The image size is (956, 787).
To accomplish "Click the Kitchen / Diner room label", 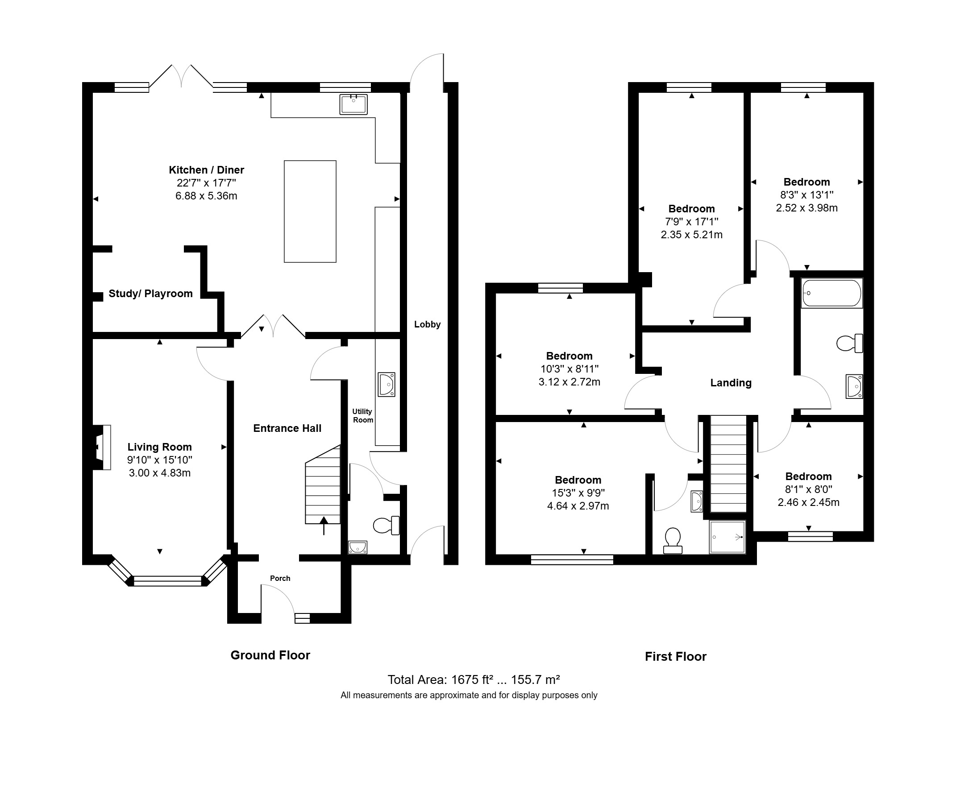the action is point(206,170).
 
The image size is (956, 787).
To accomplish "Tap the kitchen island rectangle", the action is point(310,211).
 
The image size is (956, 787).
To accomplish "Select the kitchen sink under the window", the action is point(353,104).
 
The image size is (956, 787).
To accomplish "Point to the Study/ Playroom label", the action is point(150,294).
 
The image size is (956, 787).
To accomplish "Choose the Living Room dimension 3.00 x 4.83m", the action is point(160,473).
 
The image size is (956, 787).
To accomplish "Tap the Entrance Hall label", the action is point(287,428).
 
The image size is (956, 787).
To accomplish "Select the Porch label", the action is point(280,579).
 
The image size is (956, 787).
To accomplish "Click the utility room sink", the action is point(387,385).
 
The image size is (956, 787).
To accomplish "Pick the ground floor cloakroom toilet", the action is point(387,526).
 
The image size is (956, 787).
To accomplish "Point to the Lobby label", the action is point(427,325).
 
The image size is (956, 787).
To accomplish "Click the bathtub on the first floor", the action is point(832,293).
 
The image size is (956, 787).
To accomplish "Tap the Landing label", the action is point(731,383).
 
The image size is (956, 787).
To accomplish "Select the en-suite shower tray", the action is point(727,537).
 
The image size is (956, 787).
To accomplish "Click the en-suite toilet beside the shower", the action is point(673,541).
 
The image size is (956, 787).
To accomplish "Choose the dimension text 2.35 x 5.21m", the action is point(692,235).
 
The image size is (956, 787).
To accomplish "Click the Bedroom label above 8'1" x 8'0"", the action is point(809,476).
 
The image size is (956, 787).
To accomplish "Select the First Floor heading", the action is point(676,657).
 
